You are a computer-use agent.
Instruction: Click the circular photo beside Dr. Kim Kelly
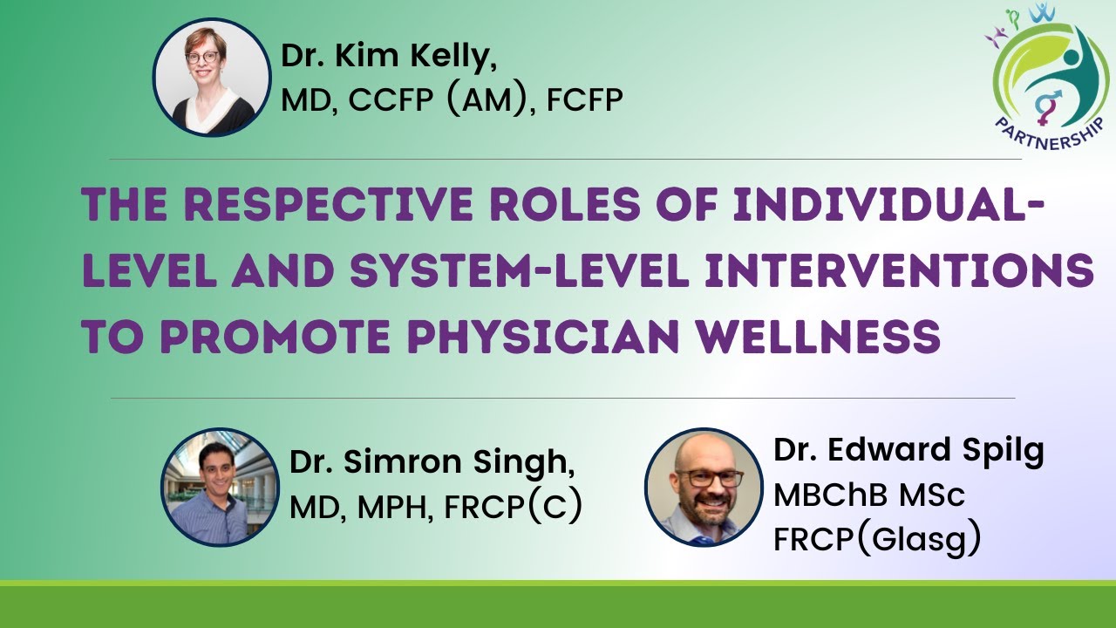click(212, 78)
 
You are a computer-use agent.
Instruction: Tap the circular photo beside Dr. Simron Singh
click(220, 487)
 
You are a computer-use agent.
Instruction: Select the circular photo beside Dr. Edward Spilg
click(704, 487)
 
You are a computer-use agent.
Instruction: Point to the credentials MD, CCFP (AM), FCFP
click(452, 102)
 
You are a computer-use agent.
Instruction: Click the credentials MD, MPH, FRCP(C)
click(435, 508)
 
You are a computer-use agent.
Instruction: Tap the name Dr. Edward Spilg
click(908, 451)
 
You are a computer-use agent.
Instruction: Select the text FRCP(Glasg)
click(877, 540)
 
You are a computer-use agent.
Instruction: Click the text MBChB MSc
click(869, 495)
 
